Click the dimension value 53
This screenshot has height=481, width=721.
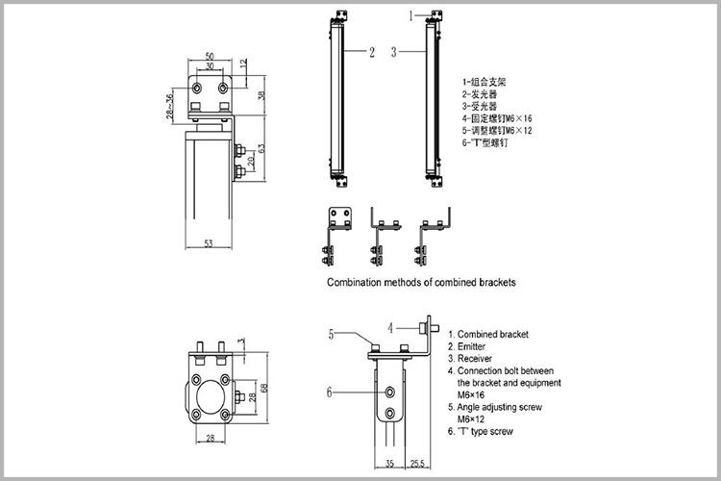click(x=209, y=243)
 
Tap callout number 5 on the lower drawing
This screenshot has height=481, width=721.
click(x=330, y=334)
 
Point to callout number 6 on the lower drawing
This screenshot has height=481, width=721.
click(x=330, y=392)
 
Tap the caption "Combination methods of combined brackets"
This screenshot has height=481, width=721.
click(x=421, y=283)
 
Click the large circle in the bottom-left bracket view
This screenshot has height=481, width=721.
click(x=210, y=395)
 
